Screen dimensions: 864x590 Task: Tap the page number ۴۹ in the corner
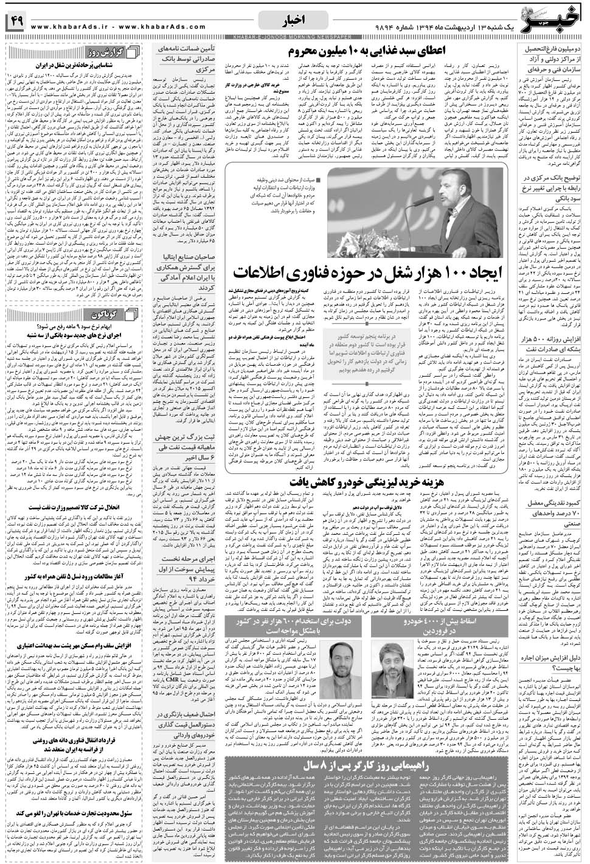coord(15,23)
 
